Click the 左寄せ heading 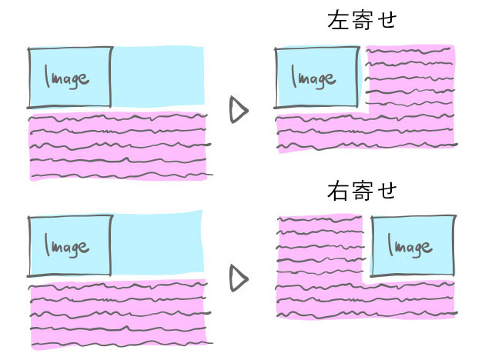361,21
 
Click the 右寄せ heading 361,190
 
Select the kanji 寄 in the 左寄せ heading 361,21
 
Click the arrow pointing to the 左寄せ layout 239,111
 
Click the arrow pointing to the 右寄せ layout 239,280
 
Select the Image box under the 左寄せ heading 316,78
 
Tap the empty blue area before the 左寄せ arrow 159,75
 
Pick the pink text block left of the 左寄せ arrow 118,147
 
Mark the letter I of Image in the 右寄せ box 391,246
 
